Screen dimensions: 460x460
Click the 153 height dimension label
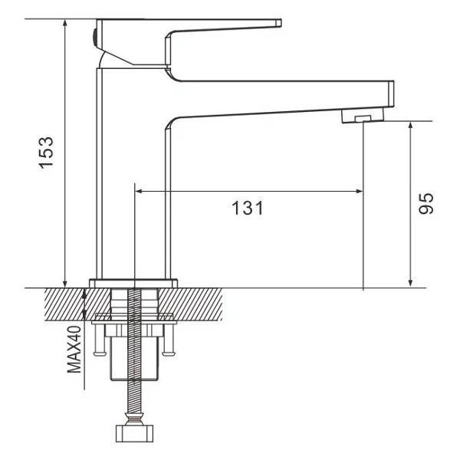(46, 154)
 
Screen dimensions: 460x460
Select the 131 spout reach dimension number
(247, 207)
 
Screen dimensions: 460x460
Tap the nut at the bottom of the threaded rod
(135, 434)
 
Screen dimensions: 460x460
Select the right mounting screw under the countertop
(170, 341)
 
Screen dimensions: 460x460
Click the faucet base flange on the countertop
(134, 283)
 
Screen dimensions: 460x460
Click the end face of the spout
(391, 96)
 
